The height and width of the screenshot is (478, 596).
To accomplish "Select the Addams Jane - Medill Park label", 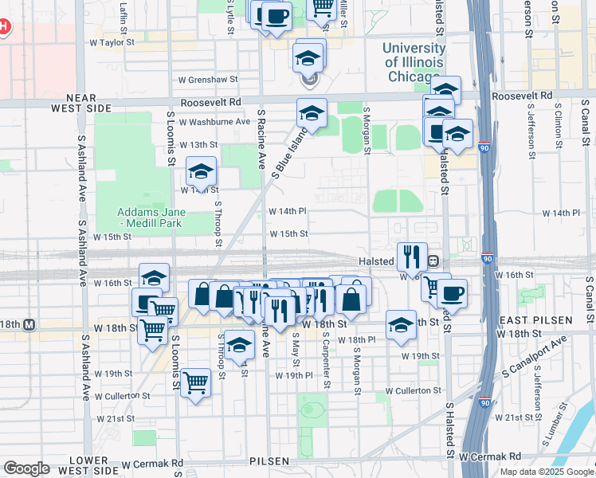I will point(151,217).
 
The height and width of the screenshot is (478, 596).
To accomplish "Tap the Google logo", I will point(26,468).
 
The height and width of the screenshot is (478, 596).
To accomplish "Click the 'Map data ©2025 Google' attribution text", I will point(547,472).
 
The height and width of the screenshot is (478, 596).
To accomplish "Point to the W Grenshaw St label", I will point(208,80).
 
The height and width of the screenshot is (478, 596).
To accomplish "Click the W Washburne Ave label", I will point(214,122).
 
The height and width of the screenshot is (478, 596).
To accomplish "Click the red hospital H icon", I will point(3,27).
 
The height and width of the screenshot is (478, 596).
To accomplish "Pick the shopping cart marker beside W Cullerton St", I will point(195,383).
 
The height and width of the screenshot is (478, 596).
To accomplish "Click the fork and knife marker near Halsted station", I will point(412,257).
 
